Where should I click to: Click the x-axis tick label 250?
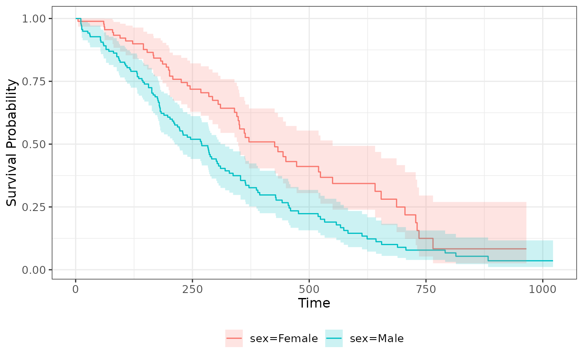click(x=192, y=289)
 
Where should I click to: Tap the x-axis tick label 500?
click(x=309, y=289)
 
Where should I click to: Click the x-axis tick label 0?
click(x=76, y=289)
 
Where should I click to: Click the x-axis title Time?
click(x=314, y=303)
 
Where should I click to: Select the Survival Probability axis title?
click(x=13, y=143)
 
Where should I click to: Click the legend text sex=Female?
click(x=284, y=339)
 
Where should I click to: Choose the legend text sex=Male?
click(x=377, y=339)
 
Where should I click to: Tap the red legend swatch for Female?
click(x=234, y=338)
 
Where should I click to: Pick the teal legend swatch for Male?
click(x=334, y=338)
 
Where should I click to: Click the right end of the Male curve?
click(x=553, y=261)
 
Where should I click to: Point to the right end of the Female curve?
click(x=526, y=248)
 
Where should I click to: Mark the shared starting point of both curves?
click(x=76, y=18)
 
